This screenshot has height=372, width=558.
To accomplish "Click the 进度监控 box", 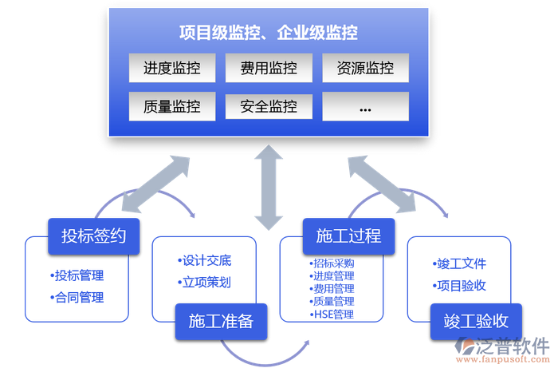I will click(172, 69).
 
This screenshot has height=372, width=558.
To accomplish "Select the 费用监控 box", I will click(269, 69).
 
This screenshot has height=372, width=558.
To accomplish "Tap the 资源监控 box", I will click(365, 69).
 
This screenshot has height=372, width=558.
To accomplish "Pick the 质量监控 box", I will click(172, 106).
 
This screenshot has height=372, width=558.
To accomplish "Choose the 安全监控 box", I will click(269, 106).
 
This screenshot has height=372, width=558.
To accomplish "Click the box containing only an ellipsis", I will click(365, 106).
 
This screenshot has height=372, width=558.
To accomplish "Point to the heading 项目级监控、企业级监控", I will click(269, 33).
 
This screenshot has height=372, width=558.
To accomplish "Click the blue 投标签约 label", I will click(94, 235).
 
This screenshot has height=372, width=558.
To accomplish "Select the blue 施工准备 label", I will click(221, 321).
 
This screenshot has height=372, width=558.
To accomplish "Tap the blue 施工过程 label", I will click(348, 235).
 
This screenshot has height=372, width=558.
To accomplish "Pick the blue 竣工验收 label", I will click(476, 321).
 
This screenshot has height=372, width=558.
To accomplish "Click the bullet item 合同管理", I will click(77, 298).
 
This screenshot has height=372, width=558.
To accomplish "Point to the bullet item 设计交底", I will click(205, 261).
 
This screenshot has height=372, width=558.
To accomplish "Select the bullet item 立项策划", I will click(205, 283).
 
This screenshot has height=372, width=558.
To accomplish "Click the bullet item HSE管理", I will click(332, 315).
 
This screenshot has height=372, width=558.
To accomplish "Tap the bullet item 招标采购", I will click(332, 263).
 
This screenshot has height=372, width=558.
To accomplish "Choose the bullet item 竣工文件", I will click(460, 263).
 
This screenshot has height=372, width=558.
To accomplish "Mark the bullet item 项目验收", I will click(460, 285).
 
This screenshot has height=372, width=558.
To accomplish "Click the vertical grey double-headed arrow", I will click(269, 185).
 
